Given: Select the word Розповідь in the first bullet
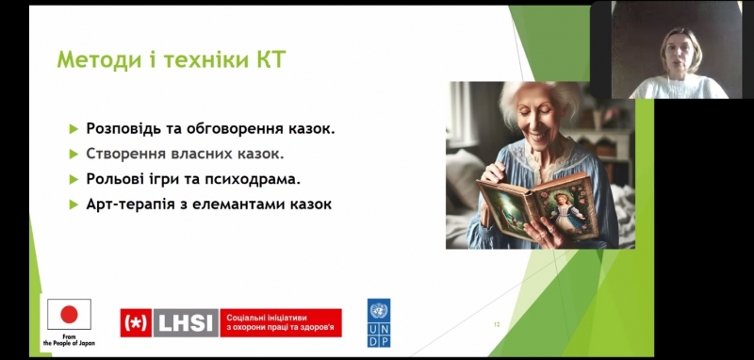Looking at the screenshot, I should (127, 127).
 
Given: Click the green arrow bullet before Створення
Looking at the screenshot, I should (74, 154).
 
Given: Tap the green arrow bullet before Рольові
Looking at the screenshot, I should (74, 179).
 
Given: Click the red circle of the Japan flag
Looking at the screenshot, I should (69, 314).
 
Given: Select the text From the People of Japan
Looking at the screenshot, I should (69, 338).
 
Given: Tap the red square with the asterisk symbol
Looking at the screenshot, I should (136, 323).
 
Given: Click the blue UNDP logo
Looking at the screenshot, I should (379, 323).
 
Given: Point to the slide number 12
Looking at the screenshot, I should (497, 324).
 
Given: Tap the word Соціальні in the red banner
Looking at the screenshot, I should (252, 317).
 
